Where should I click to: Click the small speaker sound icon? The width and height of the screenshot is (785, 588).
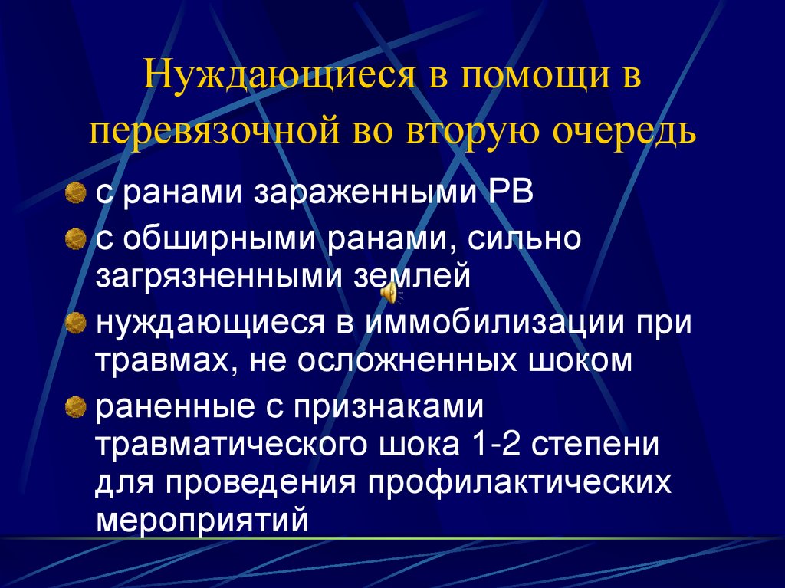(390, 291)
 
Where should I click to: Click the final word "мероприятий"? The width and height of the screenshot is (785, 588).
(202, 521)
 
